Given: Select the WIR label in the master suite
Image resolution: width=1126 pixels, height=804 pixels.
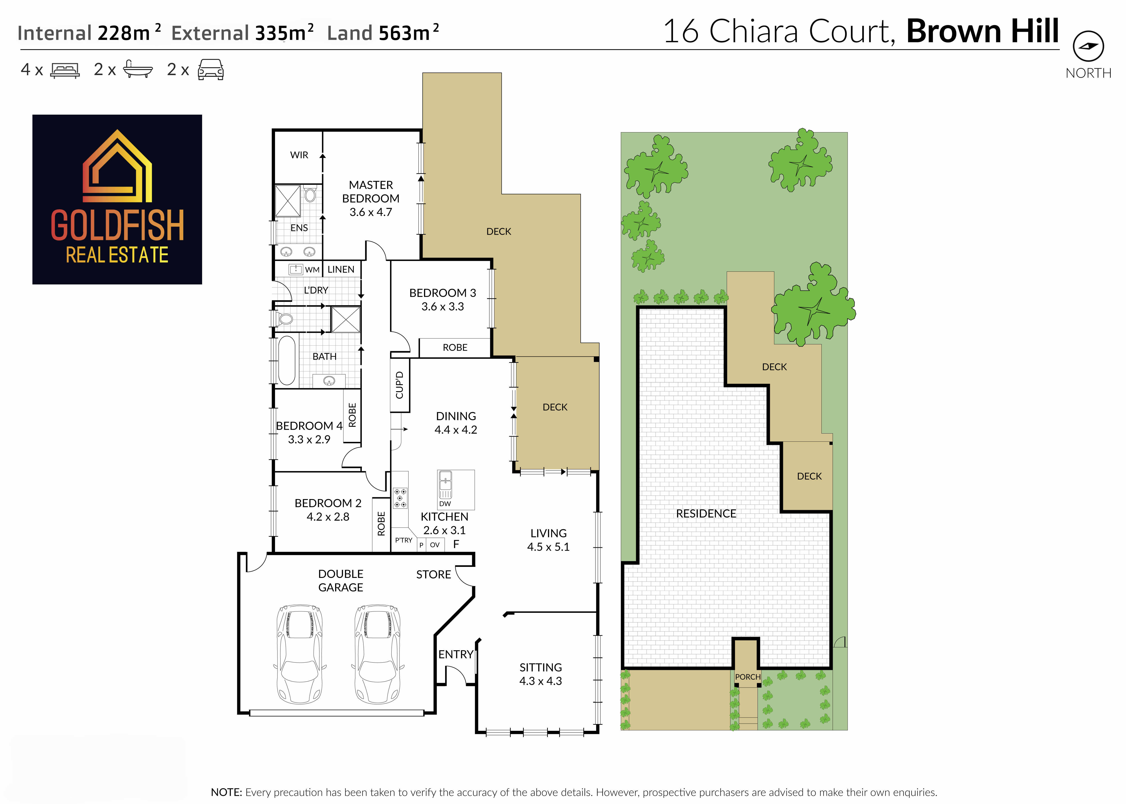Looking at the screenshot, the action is coord(299,155).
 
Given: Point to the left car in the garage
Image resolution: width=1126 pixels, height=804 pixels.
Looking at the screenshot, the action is coord(300,654).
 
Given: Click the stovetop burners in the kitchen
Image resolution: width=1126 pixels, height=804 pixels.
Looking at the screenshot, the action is coord(400,497).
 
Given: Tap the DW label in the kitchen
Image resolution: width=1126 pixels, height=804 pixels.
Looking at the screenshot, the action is coord(445,504).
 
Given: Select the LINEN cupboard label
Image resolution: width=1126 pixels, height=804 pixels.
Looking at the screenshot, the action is coord(341,269).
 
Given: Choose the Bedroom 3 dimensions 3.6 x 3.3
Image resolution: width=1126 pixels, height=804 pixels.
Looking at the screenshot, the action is coord(443,307).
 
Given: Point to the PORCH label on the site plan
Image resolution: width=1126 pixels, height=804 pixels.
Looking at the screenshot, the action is coord(747,677).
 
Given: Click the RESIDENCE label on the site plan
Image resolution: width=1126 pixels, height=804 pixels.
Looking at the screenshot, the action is coord(706,513).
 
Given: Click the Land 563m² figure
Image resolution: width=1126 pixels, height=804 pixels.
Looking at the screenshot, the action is coord(383,33).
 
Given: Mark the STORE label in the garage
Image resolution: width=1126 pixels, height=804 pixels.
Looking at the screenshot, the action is coord(433,574).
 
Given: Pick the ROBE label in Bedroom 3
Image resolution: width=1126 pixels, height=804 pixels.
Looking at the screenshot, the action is coord(455,347).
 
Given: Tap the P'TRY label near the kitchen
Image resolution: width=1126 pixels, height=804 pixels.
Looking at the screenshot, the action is coord(404,540).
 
